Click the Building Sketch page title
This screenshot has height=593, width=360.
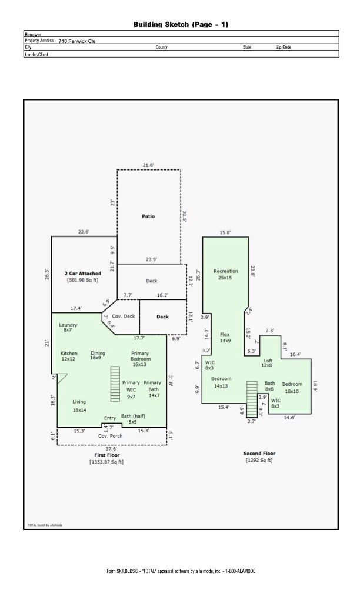pos(181,24)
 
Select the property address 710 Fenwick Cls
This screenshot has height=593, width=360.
pos(76,41)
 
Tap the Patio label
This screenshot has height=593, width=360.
pos(148,216)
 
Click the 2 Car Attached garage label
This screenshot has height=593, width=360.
pos(82,274)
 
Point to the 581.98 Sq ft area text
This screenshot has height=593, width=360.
pos(82,280)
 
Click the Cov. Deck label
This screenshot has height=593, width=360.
pos(124,316)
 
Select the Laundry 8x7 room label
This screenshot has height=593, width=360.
pos(68,328)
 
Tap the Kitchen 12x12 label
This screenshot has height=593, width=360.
pos(69,356)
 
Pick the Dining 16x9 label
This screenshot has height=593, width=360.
pos(98,356)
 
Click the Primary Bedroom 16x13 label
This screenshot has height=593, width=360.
pos(140,359)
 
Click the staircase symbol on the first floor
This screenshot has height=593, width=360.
pos(115,383)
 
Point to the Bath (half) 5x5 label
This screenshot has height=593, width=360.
pos(133,419)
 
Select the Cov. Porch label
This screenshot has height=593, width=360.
pos(110,435)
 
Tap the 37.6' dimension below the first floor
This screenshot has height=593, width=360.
pos(111,448)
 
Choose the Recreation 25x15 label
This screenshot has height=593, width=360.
pos(225,274)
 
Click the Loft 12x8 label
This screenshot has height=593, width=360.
pos(268,363)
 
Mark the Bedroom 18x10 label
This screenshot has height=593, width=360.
pos(292,388)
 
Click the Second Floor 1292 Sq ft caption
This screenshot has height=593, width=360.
pos(259,457)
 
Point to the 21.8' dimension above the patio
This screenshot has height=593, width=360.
pos(148,165)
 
